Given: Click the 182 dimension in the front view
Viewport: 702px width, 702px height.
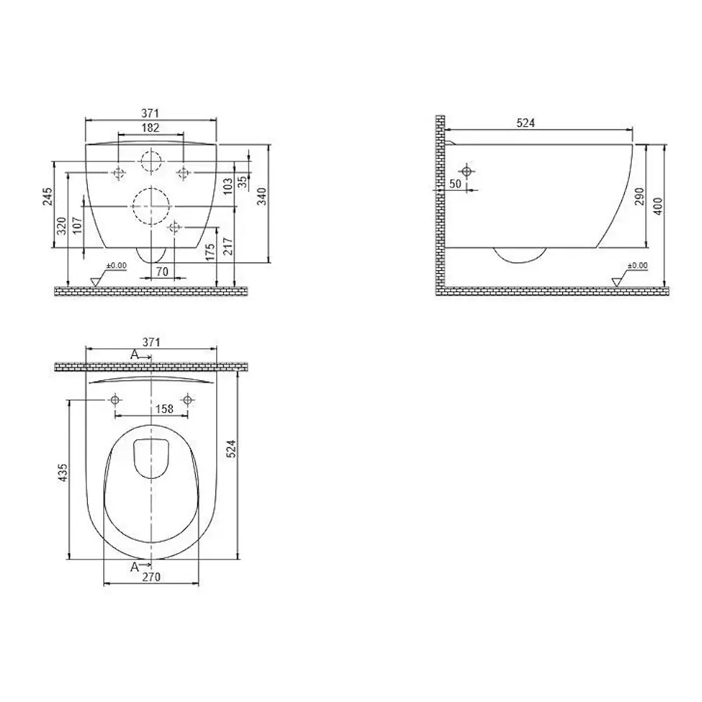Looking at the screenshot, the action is pos(150,128).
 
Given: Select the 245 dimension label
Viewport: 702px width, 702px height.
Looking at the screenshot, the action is pos(48,197).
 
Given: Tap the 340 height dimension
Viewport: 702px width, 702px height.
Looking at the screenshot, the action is pos(262,197).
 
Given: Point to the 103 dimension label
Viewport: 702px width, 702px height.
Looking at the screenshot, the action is pos(228,186).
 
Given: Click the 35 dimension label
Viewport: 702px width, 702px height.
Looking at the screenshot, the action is pos(241,182).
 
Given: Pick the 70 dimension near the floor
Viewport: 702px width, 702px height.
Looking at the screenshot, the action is pos(162,271).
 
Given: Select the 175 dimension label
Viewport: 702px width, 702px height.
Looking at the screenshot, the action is pos(211,253).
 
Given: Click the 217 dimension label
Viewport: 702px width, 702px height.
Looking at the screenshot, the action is pos(228,247).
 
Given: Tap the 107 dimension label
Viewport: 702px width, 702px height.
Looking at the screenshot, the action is pos(77,227).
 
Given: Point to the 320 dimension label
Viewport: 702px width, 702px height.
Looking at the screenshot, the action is pos(62,226).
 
